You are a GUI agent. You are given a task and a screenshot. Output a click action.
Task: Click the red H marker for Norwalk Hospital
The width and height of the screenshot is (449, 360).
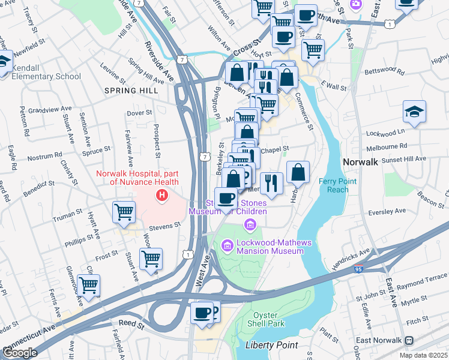pyautogui.click(x=161, y=195)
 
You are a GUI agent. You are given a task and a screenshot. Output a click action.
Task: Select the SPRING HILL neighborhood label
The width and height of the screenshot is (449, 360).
pyautogui.click(x=131, y=91)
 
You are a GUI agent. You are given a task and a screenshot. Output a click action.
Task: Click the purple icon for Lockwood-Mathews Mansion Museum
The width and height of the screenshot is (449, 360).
pyautogui.click(x=227, y=245)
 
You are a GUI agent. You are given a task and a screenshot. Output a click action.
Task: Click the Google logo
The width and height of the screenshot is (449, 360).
pyautogui.click(x=19, y=353)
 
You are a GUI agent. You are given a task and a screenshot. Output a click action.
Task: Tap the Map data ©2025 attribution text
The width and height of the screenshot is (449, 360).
pyautogui.click(x=423, y=355)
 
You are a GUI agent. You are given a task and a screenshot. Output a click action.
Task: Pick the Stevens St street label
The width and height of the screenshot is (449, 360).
pyautogui.click(x=164, y=226)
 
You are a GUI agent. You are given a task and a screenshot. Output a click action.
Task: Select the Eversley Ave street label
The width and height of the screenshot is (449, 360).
pyautogui.click(x=388, y=212)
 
